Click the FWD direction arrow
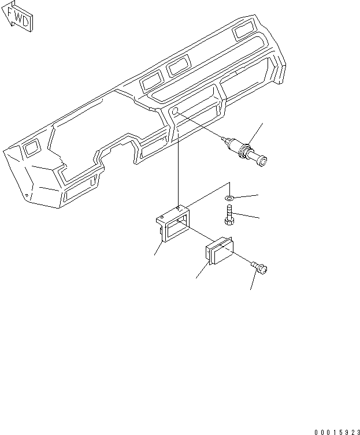(18, 17)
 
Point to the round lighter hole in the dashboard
(175, 111)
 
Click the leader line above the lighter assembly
(257, 133)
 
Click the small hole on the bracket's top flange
(180, 205)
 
